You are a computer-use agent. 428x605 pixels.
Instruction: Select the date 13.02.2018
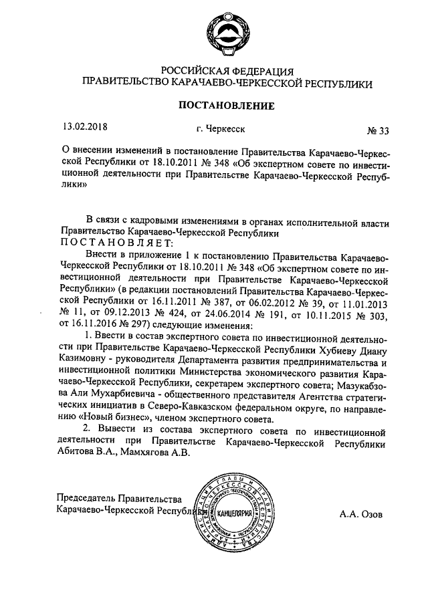click(86, 125)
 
